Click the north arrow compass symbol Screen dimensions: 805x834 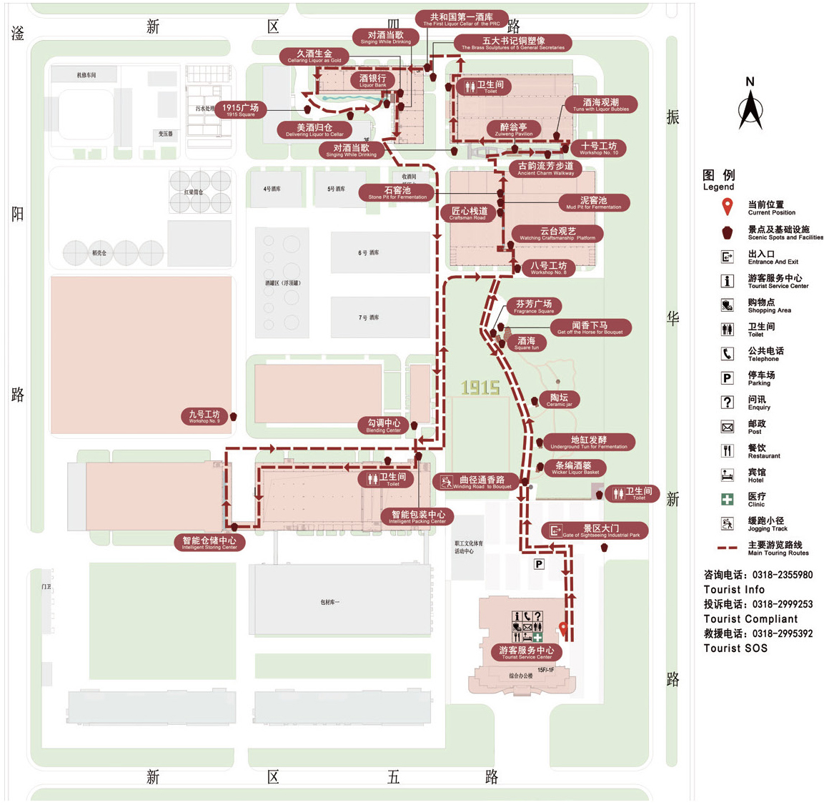tap(750, 107)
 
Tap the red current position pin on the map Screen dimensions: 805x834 tap(563, 630)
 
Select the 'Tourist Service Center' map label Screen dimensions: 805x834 tap(527, 653)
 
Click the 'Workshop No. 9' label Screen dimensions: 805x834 tap(204, 417)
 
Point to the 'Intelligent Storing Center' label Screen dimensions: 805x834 tap(209, 543)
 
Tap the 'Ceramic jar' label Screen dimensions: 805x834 tap(559, 400)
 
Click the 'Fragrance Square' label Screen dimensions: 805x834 tap(534, 307)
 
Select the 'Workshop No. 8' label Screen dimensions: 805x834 tap(548, 268)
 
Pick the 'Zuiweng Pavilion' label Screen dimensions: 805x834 tap(513, 129)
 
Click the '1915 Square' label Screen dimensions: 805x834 tap(240, 110)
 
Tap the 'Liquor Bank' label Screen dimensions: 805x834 tap(372, 81)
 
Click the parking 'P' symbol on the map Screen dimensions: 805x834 tap(539, 564)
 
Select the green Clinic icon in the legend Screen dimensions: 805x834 tap(728, 499)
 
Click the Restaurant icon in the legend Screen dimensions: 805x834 tap(728, 450)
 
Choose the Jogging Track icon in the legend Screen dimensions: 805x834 tap(728, 523)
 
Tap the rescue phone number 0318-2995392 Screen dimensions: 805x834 tap(783, 633)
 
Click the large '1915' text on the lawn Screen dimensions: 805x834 tap(480, 388)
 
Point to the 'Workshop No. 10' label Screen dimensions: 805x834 tap(599, 148)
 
